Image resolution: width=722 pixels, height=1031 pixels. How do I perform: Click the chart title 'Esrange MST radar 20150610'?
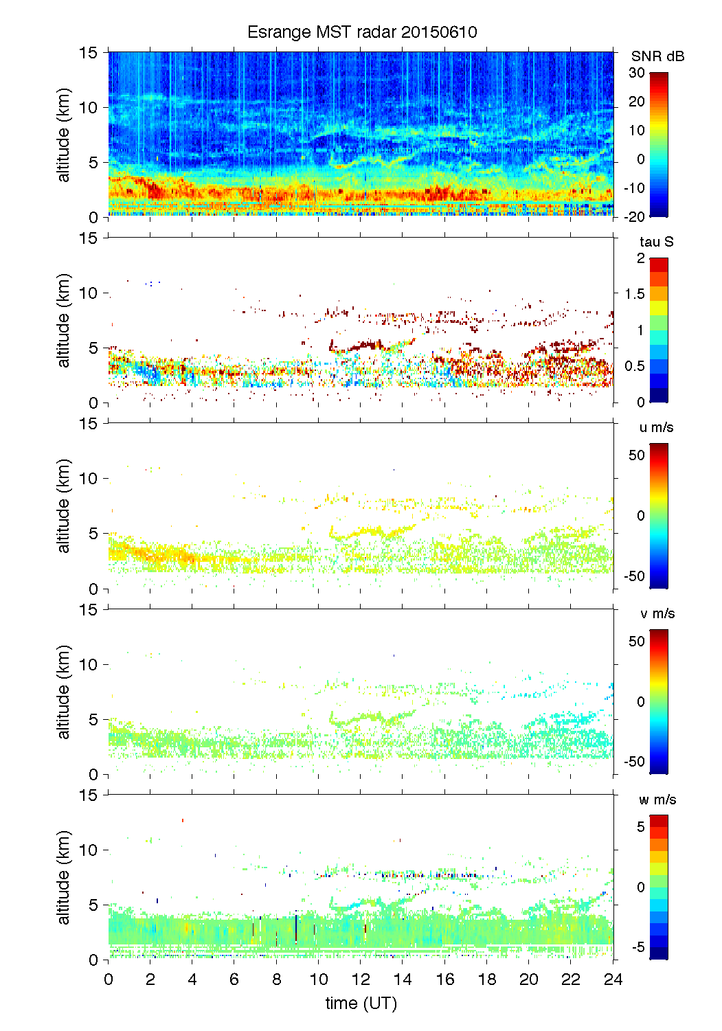362,32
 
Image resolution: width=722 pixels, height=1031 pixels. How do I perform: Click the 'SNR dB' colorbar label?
657,56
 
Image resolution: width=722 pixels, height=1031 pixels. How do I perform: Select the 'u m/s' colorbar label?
656,427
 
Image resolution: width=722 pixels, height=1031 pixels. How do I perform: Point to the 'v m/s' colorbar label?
657,613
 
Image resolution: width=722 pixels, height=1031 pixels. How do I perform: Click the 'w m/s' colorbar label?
657,800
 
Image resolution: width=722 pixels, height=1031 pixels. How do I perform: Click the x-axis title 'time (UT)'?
361,1004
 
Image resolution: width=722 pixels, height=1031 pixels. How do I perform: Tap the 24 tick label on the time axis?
613,979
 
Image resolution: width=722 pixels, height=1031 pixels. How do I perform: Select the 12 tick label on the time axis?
361,979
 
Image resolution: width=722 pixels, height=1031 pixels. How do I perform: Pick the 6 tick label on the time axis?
234,979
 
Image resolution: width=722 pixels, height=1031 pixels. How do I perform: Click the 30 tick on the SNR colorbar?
637,73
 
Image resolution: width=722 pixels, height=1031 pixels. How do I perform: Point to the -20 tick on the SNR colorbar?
634,217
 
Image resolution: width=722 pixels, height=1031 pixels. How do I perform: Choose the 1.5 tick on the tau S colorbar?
634,294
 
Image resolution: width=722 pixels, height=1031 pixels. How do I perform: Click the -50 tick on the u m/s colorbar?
634,576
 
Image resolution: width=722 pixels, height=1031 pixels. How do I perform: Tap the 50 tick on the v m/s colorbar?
637,642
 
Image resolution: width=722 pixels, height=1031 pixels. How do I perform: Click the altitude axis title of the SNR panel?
64,135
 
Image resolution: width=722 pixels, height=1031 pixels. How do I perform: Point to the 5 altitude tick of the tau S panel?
94,348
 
